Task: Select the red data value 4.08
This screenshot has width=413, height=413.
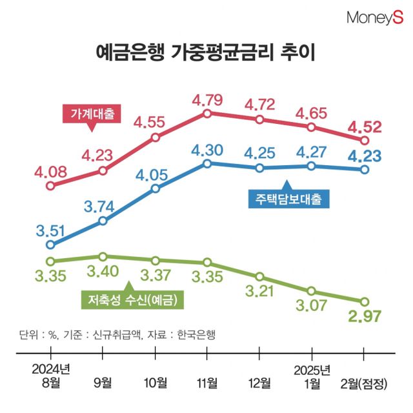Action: [51, 172]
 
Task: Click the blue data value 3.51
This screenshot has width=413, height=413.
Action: [51, 231]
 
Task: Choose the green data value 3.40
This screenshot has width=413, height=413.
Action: [104, 270]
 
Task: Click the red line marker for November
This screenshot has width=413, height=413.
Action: [207, 114]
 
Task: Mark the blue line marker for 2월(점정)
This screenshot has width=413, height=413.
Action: [365, 170]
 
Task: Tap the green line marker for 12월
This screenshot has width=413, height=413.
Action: [259, 276]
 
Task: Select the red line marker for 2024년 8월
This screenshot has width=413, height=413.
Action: [51, 186]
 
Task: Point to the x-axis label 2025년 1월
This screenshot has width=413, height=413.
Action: [312, 377]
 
